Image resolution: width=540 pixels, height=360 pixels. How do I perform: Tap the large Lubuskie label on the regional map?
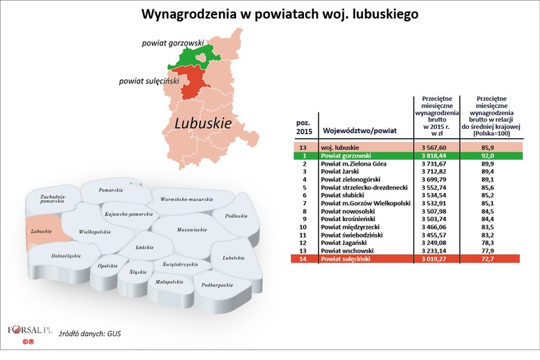203,123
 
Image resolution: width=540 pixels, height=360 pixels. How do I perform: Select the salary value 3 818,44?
436,156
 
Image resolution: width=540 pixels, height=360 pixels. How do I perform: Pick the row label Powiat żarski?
342,173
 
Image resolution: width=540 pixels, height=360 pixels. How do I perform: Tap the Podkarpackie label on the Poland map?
217,285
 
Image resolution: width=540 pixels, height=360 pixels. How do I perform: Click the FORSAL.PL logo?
30,330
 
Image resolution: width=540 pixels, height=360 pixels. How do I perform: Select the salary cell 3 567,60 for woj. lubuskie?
436,147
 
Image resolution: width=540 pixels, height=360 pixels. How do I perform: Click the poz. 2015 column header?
304,127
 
